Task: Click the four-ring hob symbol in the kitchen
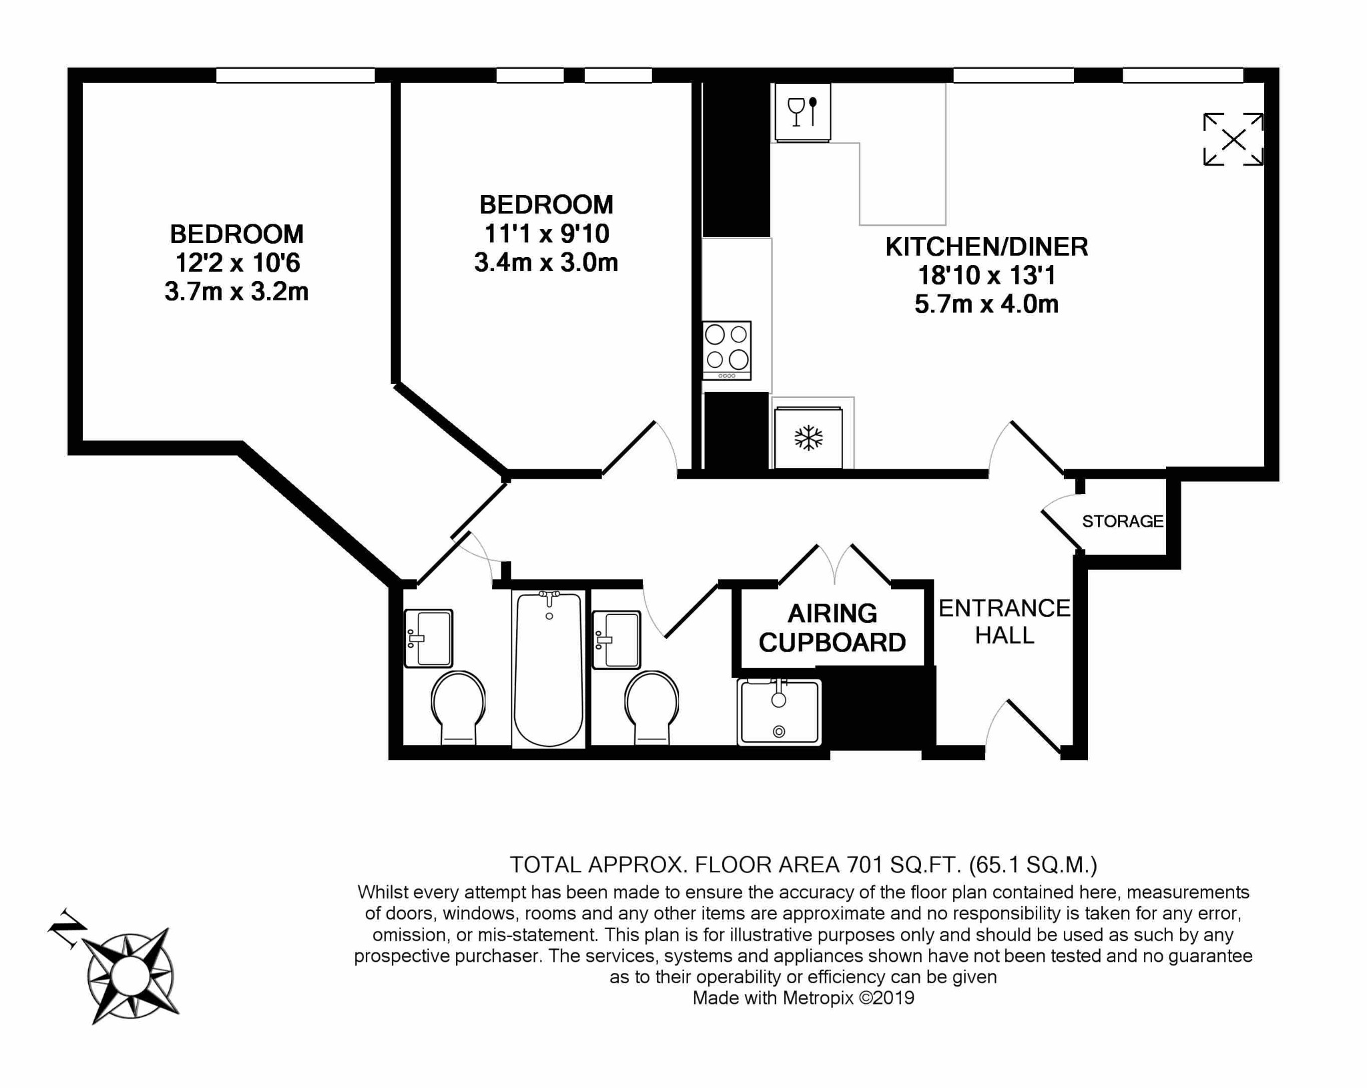[x=726, y=350]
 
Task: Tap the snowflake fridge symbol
[x=808, y=439]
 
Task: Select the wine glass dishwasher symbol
[x=802, y=111]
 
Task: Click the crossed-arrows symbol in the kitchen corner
[x=1233, y=140]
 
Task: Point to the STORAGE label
[x=1122, y=521]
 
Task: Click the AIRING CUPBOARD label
[x=832, y=627]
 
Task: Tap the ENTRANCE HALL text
[x=1004, y=621]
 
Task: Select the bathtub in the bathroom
[x=549, y=668]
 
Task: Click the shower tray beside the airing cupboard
[x=779, y=712]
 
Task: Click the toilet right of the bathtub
[x=651, y=706]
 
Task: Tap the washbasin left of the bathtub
[x=428, y=638]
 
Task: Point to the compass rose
[x=131, y=977]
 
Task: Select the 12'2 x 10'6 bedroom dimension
[x=237, y=263]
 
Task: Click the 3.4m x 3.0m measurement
[x=545, y=262]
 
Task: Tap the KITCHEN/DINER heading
[x=986, y=247]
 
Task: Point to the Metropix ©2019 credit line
[x=803, y=999]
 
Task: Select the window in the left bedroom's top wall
[x=295, y=75]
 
